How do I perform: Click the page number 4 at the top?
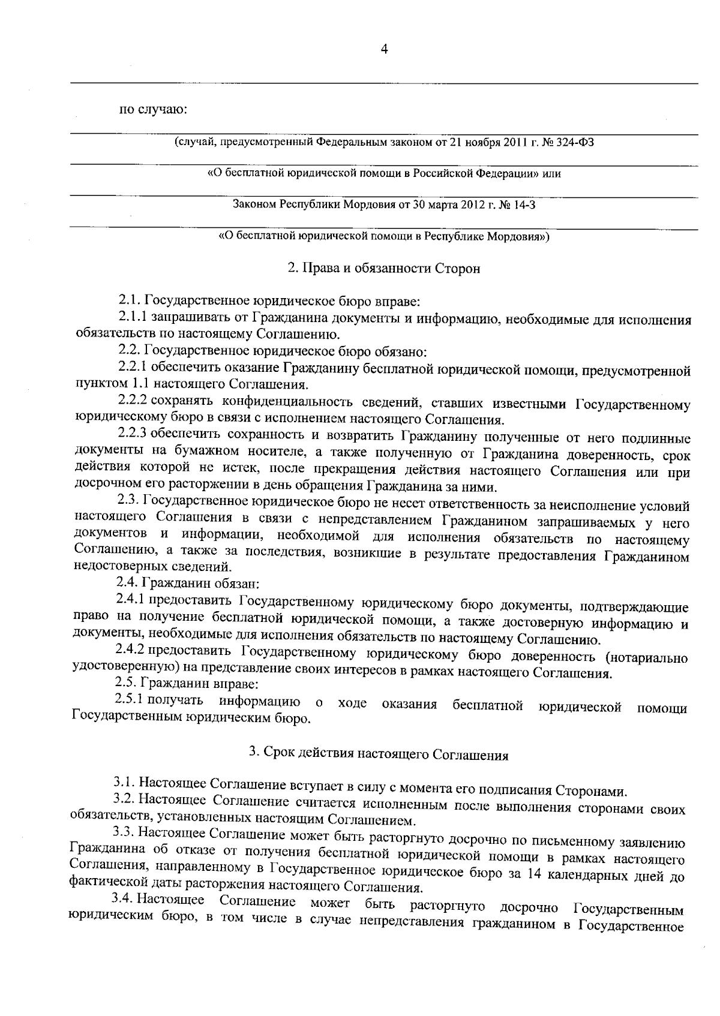tap(384, 50)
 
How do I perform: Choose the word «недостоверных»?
tap(112, 566)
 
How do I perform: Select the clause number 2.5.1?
tap(130, 699)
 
